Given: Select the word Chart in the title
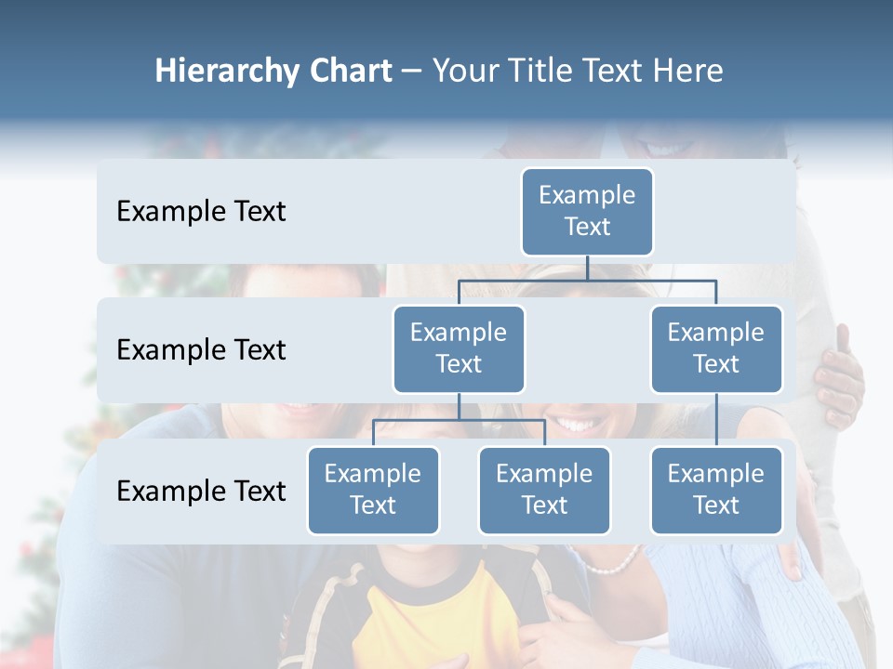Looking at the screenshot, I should (x=348, y=72).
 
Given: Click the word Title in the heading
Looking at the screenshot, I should (x=547, y=72).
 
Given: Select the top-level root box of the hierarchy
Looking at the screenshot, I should (x=587, y=211).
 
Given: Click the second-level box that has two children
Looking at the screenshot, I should (x=459, y=348).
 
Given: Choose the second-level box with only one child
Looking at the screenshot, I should (x=716, y=348).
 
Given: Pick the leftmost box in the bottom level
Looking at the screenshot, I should (x=373, y=490).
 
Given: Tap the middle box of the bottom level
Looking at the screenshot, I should (x=544, y=490).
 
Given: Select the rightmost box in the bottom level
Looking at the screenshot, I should (x=716, y=490).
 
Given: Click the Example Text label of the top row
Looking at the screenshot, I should (x=201, y=211).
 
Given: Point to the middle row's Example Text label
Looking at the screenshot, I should (x=201, y=349).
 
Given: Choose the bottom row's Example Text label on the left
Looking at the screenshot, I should (x=201, y=491).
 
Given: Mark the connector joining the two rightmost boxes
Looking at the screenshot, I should (x=716, y=420).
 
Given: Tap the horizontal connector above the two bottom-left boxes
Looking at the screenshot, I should (x=459, y=420).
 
